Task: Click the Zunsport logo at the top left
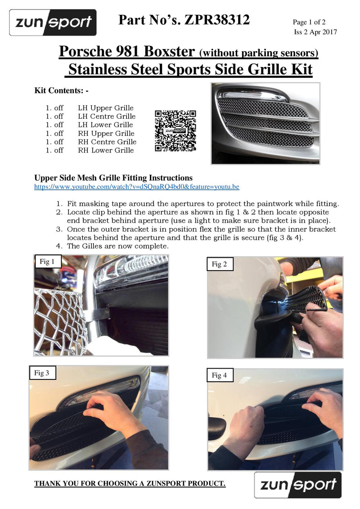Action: point(53,22)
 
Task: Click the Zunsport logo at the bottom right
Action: point(298,485)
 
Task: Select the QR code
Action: point(175,130)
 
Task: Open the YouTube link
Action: point(137,187)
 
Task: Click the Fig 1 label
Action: point(47,262)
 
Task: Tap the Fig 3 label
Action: point(42,372)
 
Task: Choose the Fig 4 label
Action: point(220,375)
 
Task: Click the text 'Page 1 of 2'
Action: point(309,22)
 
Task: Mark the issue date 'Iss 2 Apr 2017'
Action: point(315,32)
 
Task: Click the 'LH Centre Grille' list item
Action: point(107,116)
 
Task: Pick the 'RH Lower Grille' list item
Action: point(106,150)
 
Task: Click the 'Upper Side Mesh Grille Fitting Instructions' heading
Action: point(113,178)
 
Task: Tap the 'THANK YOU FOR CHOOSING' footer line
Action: point(130,483)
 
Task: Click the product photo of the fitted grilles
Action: point(265,123)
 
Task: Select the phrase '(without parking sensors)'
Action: point(259,53)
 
